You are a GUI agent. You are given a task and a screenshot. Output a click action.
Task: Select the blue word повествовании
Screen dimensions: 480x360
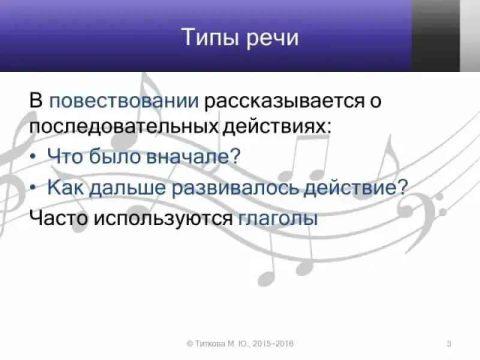124,100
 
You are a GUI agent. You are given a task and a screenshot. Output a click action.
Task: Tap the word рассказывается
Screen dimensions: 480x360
284,100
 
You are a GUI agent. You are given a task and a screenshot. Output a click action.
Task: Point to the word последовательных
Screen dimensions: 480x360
124,127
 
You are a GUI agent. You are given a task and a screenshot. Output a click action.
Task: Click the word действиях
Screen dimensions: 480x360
277,126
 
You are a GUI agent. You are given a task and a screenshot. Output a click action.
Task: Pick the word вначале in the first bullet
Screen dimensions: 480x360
193,156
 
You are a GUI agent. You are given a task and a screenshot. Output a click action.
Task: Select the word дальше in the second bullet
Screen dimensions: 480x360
127,187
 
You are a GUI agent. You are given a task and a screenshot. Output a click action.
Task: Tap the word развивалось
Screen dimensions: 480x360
235,187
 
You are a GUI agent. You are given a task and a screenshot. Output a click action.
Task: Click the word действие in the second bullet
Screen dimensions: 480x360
355,187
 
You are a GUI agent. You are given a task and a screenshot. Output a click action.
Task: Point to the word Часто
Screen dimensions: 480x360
58,218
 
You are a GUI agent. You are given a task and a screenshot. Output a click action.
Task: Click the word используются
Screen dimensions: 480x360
163,218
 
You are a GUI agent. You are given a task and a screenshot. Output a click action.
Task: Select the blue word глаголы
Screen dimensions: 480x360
278,218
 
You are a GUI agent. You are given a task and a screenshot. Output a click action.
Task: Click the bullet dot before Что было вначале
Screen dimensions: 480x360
34,157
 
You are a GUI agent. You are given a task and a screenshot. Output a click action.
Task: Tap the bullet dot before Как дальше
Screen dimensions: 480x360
34,188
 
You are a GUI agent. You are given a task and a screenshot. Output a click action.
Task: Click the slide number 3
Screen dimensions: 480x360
449,343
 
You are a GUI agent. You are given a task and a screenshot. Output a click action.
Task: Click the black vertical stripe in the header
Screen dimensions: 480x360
436,36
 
